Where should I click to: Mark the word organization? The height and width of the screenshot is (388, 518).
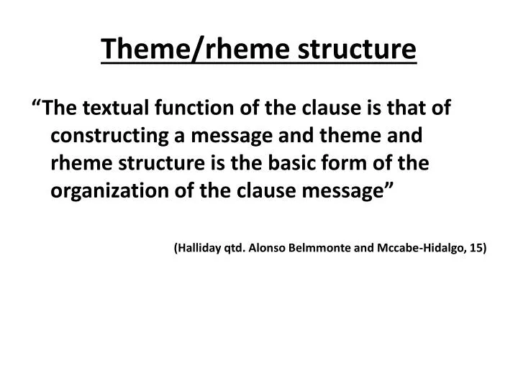click(x=106, y=191)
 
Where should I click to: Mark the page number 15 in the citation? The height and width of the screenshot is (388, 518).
click(x=477, y=248)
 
